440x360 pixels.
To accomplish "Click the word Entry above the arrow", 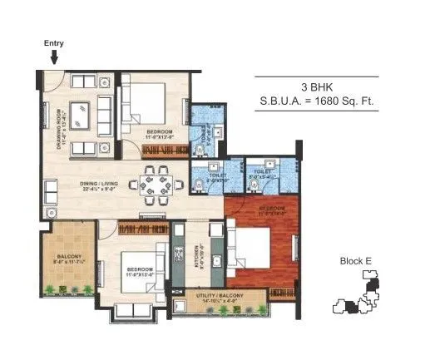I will click(x=53, y=42).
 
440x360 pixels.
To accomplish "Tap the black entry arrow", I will click(x=54, y=57).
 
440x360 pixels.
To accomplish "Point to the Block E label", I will click(x=355, y=260).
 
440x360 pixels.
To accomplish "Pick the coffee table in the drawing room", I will click(x=82, y=112).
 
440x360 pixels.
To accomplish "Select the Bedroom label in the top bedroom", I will click(x=159, y=131).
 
